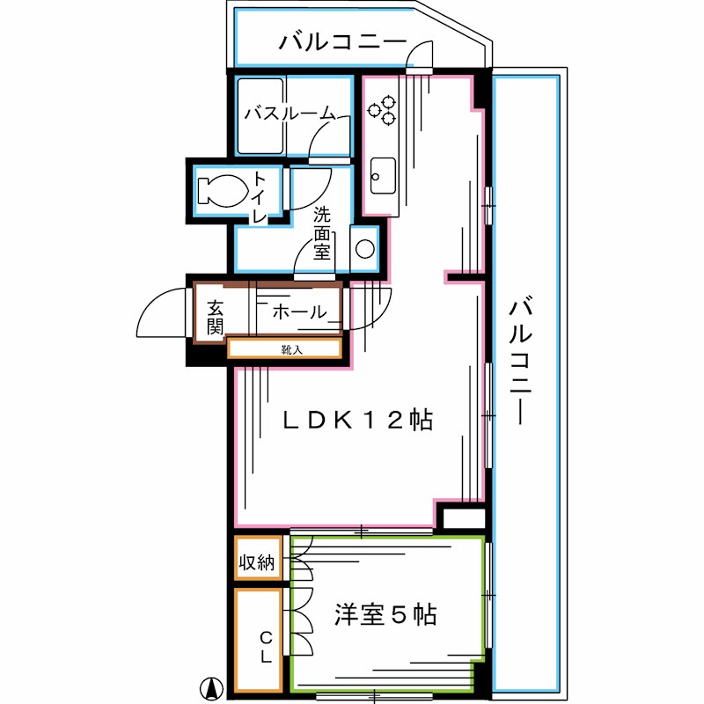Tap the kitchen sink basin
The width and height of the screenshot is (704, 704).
pyautogui.click(x=383, y=176)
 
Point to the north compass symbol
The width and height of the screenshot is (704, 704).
pyautogui.click(x=210, y=686)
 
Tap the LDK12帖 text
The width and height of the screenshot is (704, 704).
pyautogui.click(x=356, y=421)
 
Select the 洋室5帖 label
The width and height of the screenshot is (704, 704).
pyautogui.click(x=385, y=614)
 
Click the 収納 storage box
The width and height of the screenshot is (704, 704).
pyautogui.click(x=258, y=561)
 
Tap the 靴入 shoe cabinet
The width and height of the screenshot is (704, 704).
pyautogui.click(x=284, y=349)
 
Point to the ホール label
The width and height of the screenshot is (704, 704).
pyautogui.click(x=299, y=312)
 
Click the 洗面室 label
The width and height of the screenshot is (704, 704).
pyautogui.click(x=322, y=232)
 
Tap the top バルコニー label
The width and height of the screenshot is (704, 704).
pyautogui.click(x=342, y=42)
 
